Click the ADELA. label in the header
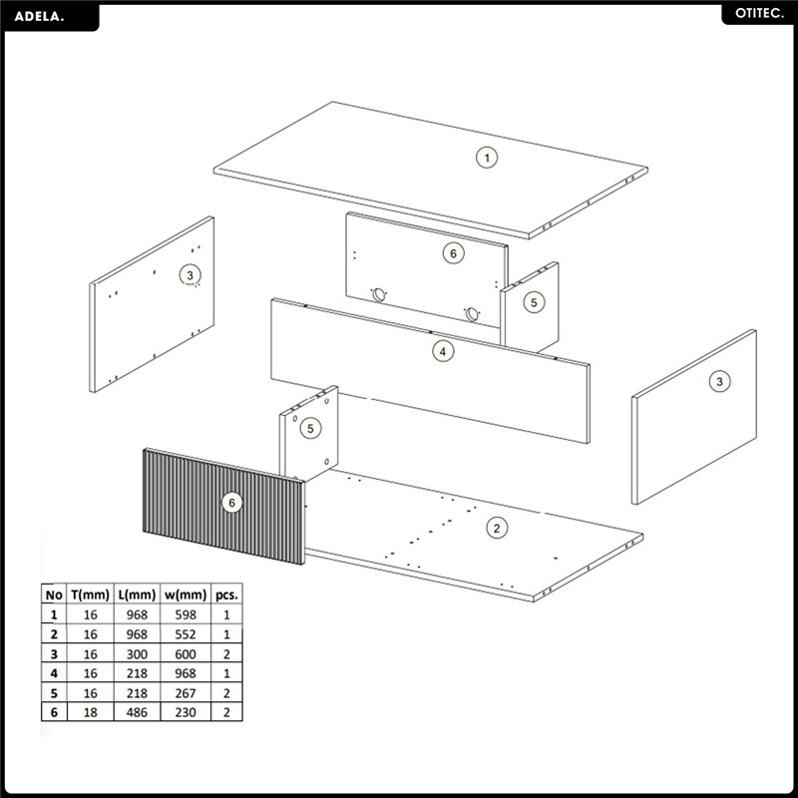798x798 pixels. click(39, 16)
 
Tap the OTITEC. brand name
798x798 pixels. click(759, 14)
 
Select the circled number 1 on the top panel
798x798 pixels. click(487, 158)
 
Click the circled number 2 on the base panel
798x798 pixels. click(497, 528)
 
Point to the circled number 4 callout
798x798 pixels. click(443, 351)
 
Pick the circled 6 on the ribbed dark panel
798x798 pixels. click(232, 503)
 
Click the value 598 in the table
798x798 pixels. click(186, 614)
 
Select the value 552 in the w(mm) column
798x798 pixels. click(186, 634)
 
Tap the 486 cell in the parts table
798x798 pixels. click(137, 712)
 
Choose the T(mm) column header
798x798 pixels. click(90, 595)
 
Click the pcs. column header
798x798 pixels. click(226, 595)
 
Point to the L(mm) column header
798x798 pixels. click(137, 595)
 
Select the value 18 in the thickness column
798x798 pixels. click(90, 712)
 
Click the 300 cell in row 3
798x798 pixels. click(137, 654)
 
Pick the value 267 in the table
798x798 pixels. click(186, 693)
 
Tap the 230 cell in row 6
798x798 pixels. click(186, 712)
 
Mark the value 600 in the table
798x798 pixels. click(186, 654)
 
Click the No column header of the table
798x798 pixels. click(54, 595)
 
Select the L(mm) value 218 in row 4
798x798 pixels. click(137, 673)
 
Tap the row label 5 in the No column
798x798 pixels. click(54, 693)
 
